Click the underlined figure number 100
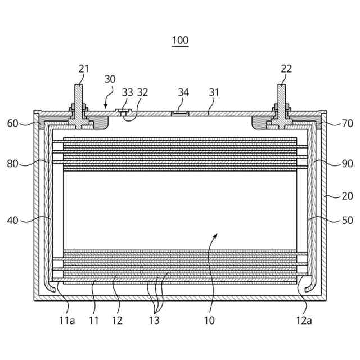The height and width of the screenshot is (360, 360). point(180,40)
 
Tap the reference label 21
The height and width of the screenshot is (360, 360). point(84,69)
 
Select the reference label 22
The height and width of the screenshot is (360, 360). point(286,69)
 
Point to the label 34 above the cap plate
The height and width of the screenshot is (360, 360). point(183,92)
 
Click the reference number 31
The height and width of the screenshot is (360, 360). point(214,92)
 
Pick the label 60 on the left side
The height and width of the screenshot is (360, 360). point(12,123)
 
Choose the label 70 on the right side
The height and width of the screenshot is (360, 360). point(348,123)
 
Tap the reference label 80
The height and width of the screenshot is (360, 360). point(12,164)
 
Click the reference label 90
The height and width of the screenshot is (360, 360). point(348,164)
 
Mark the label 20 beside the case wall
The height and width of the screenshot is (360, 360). point(348,196)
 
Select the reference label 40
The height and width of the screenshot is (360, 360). point(12,220)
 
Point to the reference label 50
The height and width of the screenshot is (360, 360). point(348,220)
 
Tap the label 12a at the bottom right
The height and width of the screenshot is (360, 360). point(304,321)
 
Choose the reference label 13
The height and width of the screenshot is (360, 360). point(154,321)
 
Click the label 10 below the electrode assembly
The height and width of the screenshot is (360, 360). point(209,321)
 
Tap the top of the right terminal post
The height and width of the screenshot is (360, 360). point(281,85)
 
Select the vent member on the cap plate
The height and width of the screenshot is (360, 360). point(181,113)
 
